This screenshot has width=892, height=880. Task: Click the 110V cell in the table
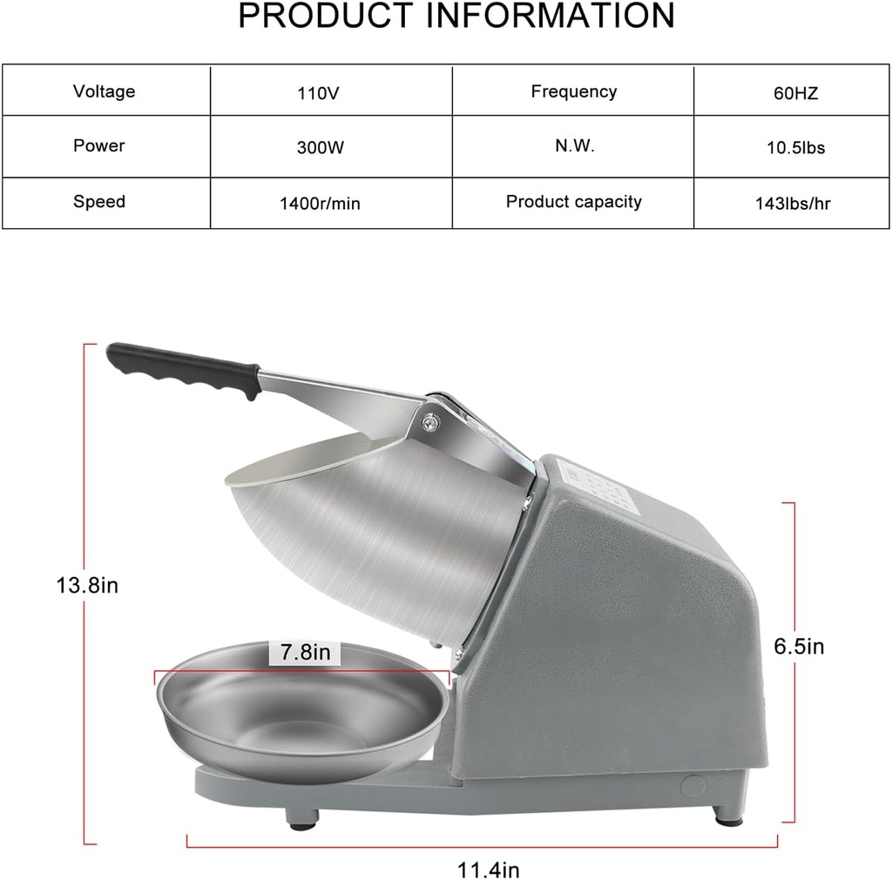(x=318, y=93)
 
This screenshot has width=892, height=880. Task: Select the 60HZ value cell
(x=795, y=93)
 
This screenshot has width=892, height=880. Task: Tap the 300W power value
(x=320, y=148)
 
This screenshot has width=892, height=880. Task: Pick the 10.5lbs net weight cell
(x=795, y=148)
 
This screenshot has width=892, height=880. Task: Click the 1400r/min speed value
(x=320, y=204)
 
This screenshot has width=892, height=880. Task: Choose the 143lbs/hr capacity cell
(x=793, y=204)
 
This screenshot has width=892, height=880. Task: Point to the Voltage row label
(x=104, y=91)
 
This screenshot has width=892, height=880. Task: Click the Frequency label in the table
(x=573, y=91)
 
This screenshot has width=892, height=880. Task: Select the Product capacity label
(x=573, y=202)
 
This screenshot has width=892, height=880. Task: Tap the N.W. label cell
(x=574, y=146)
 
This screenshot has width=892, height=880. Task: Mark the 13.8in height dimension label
(x=87, y=585)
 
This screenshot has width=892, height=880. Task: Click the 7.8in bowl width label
(x=305, y=652)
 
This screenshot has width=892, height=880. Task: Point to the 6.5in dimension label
(x=799, y=646)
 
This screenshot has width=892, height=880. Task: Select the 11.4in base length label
(x=489, y=868)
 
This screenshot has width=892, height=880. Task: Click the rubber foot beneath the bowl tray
(x=302, y=816)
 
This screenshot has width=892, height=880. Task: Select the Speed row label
(x=99, y=202)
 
